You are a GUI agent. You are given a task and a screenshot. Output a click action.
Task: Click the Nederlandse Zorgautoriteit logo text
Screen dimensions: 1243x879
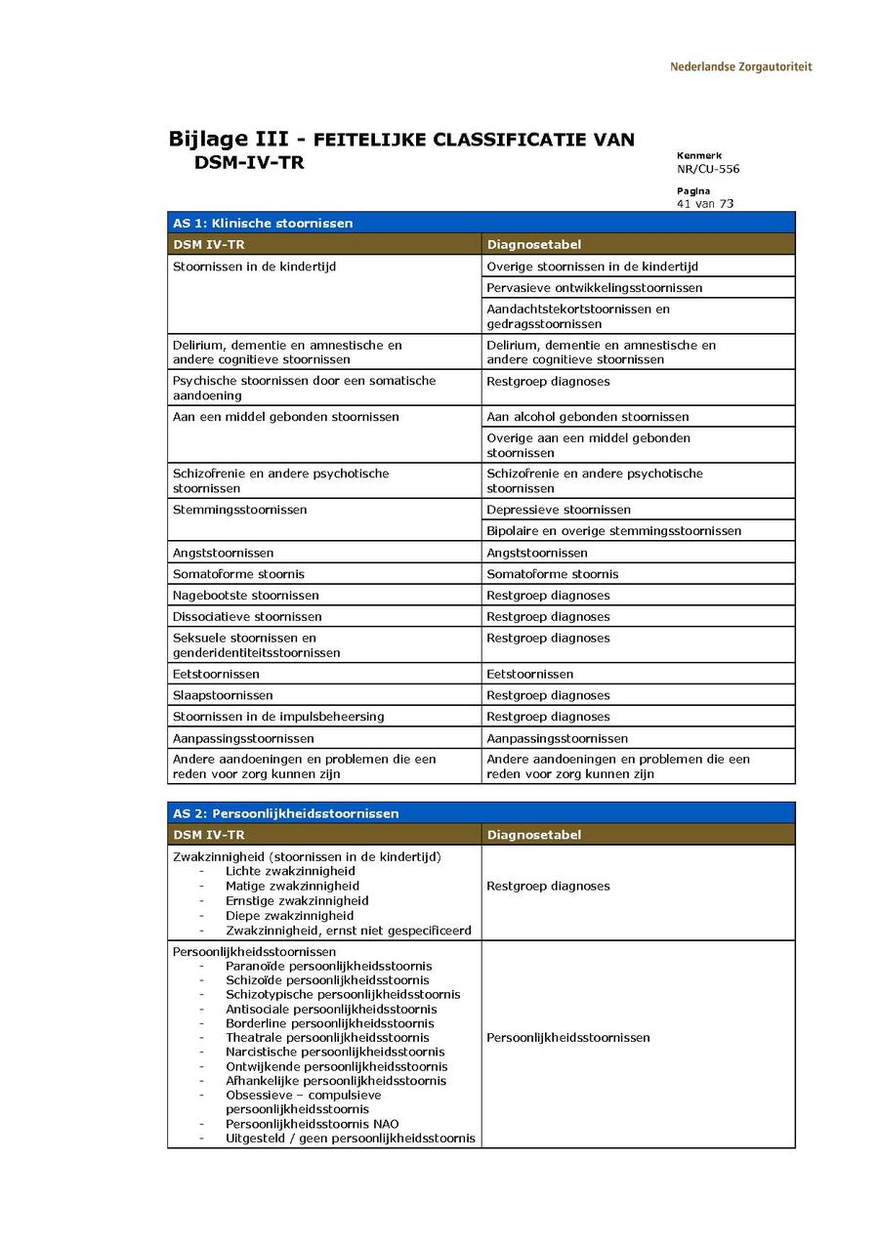[740, 67]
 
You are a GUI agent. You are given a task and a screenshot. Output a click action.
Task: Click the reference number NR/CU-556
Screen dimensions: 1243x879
[708, 169]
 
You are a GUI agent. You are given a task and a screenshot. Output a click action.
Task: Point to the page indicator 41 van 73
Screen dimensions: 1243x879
[705, 204]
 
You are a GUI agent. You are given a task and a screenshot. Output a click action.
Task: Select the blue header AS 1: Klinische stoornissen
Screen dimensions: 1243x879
[263, 224]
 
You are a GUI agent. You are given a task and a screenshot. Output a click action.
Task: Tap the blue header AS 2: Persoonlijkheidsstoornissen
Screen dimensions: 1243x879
[285, 813]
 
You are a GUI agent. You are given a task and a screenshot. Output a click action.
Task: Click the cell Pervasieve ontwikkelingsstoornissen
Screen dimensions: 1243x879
[594, 288]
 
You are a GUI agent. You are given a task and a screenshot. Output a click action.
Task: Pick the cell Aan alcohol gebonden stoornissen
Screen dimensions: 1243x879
[587, 417]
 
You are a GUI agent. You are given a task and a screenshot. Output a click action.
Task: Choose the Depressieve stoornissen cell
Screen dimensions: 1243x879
[559, 510]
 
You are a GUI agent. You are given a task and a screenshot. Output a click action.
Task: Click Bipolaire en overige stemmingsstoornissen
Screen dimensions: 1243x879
[613, 531]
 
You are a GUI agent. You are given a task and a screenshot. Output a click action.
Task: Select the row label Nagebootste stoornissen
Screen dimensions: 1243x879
[245, 596]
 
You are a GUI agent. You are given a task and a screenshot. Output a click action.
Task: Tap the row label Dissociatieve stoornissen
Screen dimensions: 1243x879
[247, 617]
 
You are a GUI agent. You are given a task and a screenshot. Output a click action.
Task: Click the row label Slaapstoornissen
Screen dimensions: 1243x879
[223, 695]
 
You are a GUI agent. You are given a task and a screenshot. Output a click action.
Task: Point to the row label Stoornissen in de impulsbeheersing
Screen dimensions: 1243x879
[278, 717]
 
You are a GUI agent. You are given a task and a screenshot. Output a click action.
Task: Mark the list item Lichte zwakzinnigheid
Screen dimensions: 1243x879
[290, 871]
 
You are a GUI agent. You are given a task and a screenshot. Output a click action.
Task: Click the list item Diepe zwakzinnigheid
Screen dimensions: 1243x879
[289, 916]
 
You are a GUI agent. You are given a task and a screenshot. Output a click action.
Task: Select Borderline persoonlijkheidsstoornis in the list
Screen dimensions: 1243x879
[330, 1023]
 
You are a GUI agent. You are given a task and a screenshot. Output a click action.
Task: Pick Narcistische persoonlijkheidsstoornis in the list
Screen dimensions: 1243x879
[335, 1052]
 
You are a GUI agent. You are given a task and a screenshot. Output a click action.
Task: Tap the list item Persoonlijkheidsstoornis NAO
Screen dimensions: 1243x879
[312, 1124]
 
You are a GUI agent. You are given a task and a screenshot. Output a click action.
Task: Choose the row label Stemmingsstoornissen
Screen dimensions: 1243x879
[239, 510]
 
